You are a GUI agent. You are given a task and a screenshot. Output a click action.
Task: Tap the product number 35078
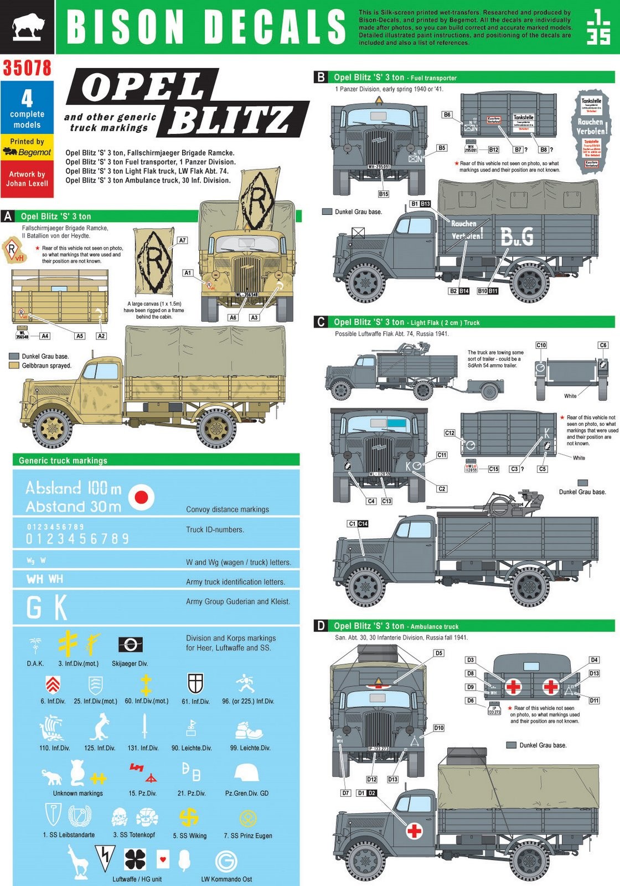(27, 68)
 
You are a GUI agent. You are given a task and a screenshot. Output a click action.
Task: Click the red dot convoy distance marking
(142, 497)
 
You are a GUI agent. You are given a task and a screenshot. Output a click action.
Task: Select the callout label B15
(384, 194)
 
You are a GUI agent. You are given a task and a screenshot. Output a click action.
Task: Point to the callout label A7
(182, 240)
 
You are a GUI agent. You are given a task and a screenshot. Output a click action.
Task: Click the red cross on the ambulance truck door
(414, 831)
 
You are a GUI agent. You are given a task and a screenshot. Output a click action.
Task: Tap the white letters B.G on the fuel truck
(517, 236)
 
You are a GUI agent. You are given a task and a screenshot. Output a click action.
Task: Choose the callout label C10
(541, 345)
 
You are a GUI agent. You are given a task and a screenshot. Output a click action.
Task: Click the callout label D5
(438, 653)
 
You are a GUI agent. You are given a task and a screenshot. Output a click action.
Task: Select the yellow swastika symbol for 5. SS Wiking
(189, 817)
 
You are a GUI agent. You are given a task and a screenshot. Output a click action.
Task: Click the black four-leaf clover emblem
(135, 859)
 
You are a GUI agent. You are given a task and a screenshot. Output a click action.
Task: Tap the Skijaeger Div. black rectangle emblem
(130, 645)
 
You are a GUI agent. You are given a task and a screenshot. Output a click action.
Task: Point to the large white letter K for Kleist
(60, 607)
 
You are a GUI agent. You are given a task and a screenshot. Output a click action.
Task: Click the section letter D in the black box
(321, 626)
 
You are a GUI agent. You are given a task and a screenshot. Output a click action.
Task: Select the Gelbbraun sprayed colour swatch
(14, 365)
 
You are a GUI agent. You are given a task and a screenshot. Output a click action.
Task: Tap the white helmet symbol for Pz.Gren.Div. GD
(246, 774)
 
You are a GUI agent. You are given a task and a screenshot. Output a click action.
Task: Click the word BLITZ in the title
(230, 119)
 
